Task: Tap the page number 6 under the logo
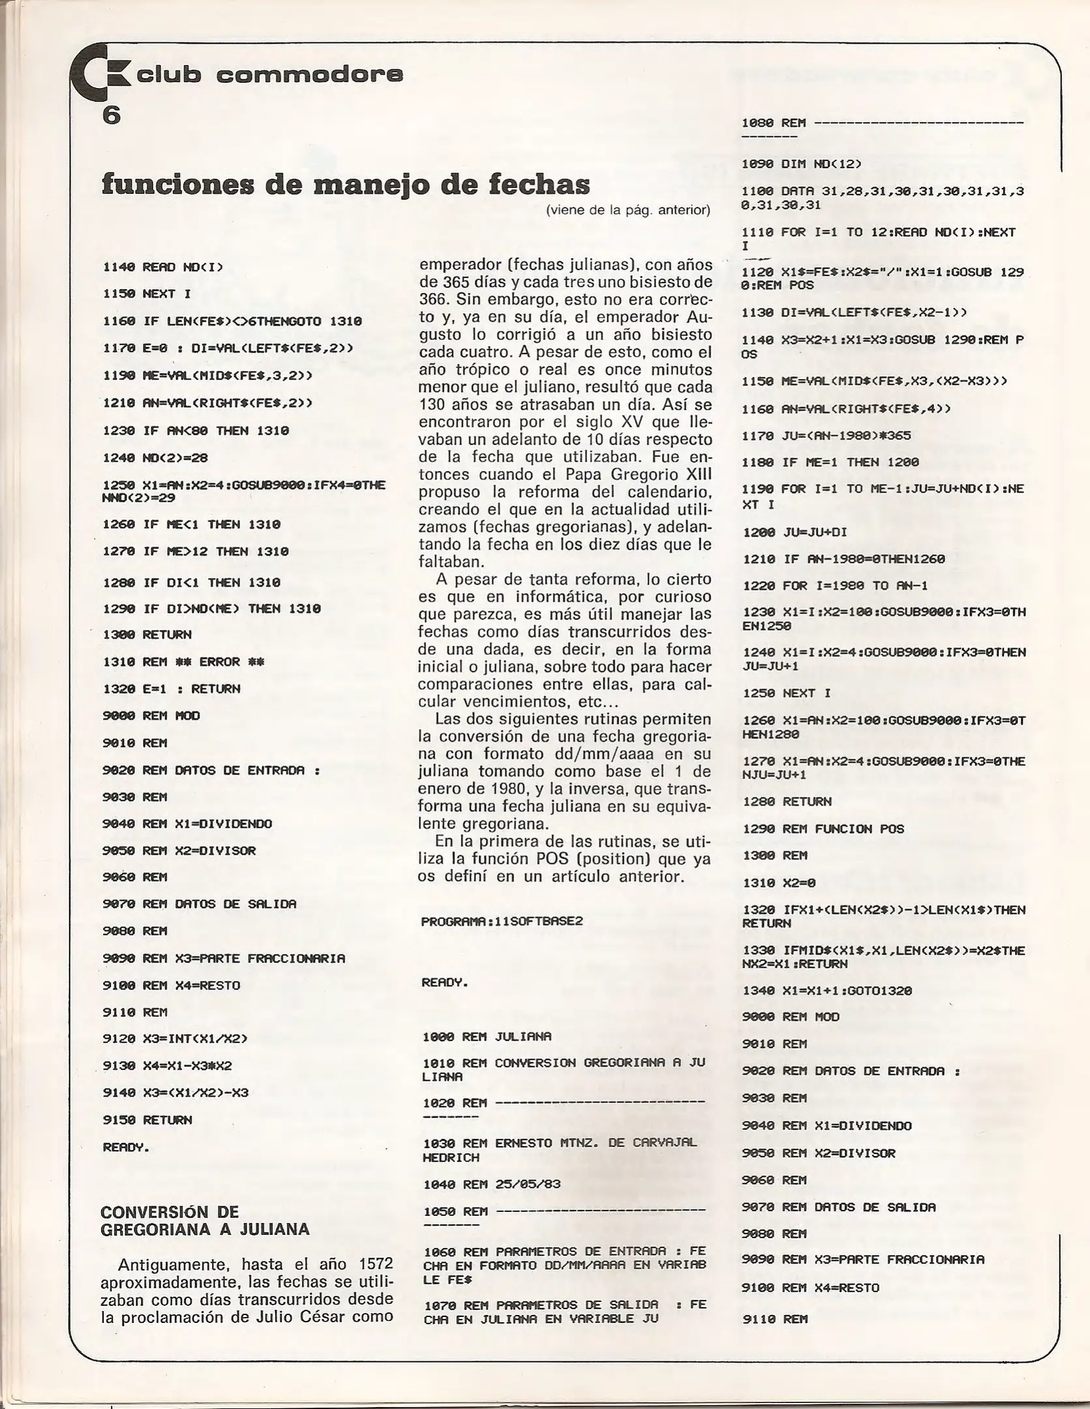111,115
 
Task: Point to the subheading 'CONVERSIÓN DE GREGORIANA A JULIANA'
205,1220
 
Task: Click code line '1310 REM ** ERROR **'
184,662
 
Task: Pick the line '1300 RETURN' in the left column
147,635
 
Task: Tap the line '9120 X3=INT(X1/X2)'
175,1038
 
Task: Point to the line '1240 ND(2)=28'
155,458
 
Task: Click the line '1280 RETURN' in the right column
787,801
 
